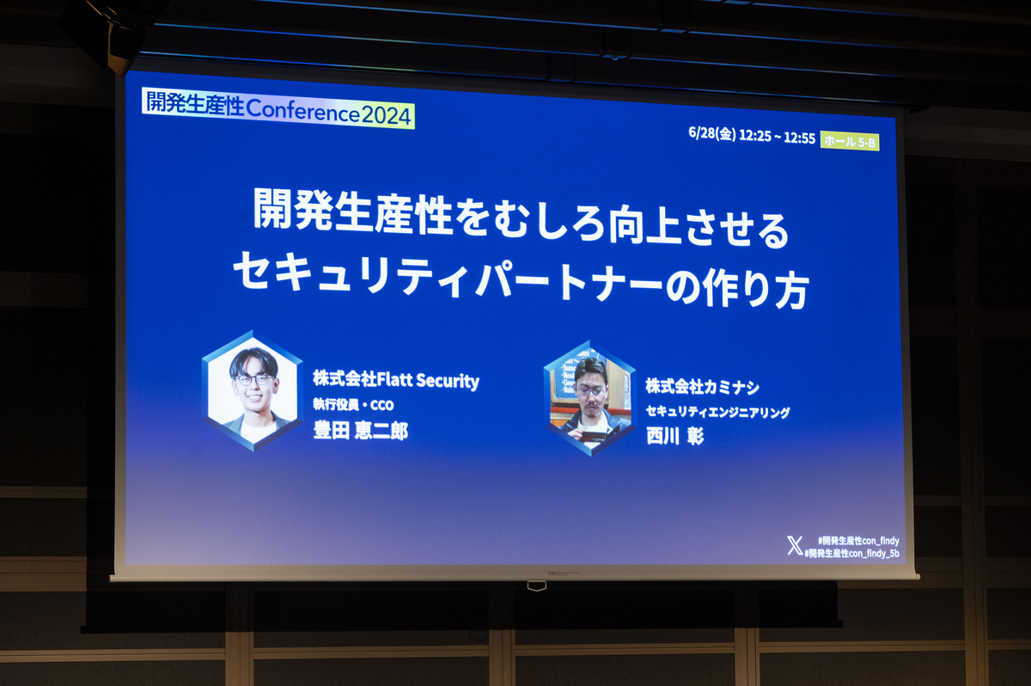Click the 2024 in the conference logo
pos(386,115)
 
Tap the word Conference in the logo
pos(302,112)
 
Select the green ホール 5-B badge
pos(850,142)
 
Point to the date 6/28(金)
pos(712,133)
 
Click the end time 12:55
pos(800,138)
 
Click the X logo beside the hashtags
pos(795,546)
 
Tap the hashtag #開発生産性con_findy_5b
pos(851,553)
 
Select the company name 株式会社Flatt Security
pos(396,380)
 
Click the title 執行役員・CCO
pos(353,405)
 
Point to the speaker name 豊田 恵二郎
pos(360,432)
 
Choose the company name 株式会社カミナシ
pos(702,387)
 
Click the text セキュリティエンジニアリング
pos(717,412)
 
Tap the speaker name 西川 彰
pos(674,436)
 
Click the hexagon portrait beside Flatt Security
pos(253,390)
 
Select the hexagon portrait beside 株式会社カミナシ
pos(590,398)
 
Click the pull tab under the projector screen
pos(537,585)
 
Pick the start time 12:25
pos(755,136)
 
